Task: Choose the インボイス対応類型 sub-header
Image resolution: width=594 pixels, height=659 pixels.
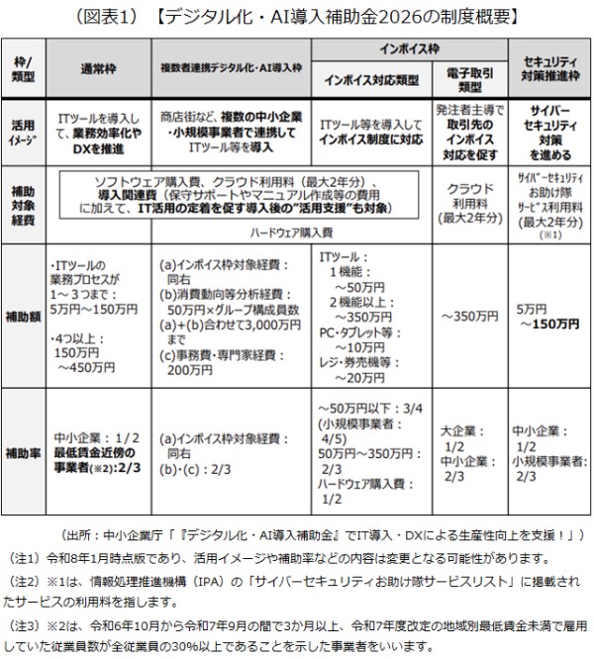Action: point(371,78)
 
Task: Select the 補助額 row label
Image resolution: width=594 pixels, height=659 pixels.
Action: point(24,308)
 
